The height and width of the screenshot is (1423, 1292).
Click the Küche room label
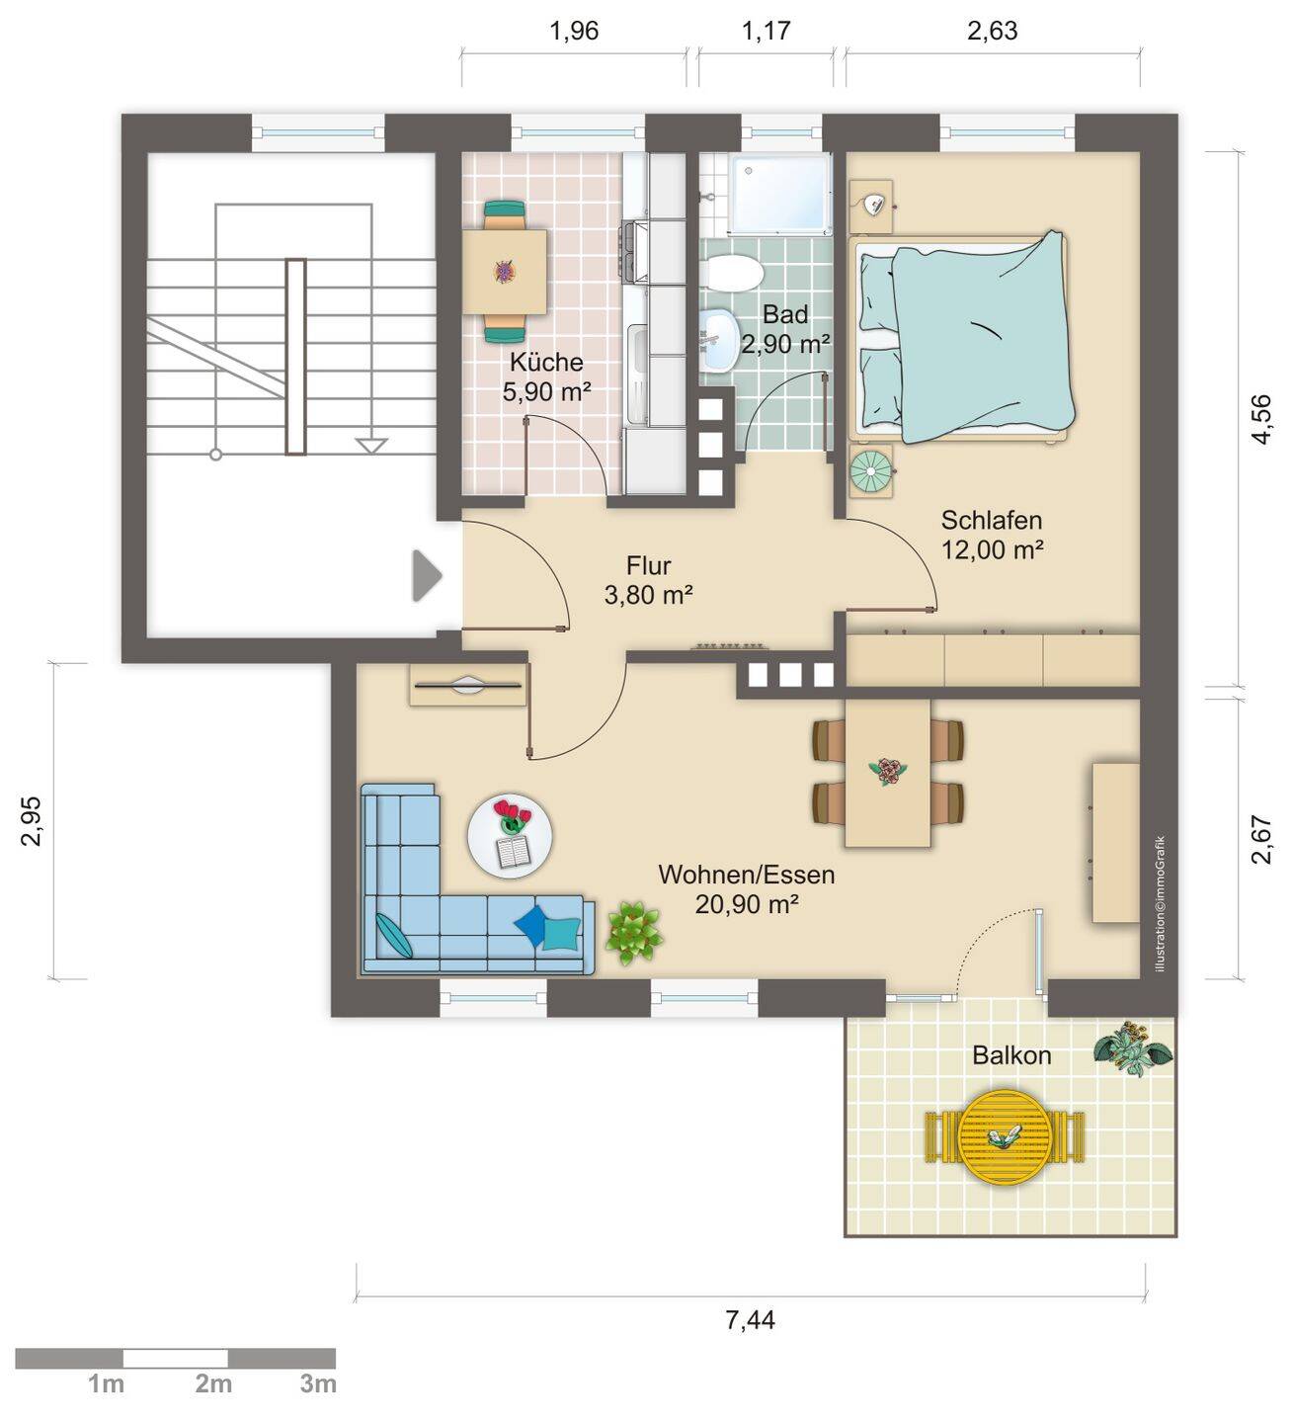pos(545,362)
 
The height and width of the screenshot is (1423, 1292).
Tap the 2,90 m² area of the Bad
pos(785,344)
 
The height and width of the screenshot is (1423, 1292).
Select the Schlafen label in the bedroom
pos(991,520)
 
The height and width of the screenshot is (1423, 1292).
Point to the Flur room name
pos(648,565)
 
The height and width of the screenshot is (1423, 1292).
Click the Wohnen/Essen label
pos(746,875)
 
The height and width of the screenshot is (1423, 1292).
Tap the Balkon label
pos(1011,1054)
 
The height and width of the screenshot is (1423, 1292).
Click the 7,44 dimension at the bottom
pos(750,1319)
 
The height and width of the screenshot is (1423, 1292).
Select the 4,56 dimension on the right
pos(1263,419)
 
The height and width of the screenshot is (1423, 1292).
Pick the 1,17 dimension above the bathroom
pos(766,31)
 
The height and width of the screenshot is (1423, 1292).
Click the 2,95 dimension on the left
pos(32,821)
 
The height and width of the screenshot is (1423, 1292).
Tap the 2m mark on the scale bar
pos(212,1382)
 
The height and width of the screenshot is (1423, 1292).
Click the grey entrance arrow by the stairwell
pos(427,575)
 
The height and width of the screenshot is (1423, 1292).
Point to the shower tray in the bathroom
pos(779,194)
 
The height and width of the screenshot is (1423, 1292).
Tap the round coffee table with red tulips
pos(509,836)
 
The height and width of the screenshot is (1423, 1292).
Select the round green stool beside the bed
pos(872,470)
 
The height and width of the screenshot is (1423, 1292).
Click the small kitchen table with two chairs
pos(504,272)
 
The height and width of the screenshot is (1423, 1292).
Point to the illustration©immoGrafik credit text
pos(1160,904)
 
